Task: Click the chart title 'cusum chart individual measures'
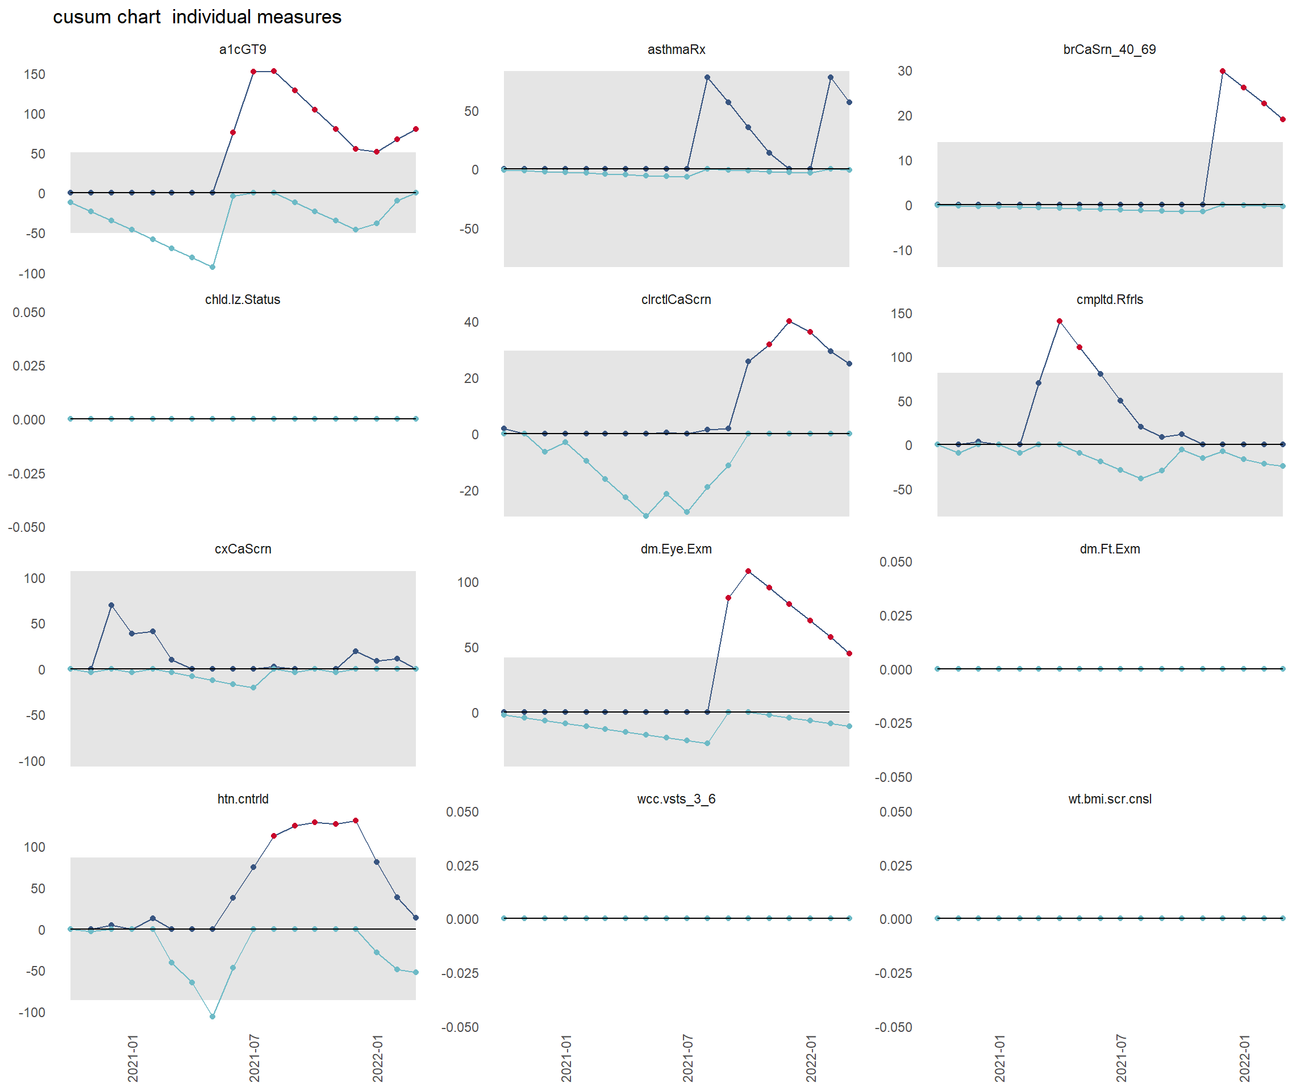click(x=197, y=17)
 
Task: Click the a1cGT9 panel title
click(x=243, y=49)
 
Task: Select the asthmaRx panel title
click(x=676, y=49)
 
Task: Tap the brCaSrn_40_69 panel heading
click(x=1109, y=49)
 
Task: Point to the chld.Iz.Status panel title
click(x=243, y=299)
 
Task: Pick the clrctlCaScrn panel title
click(x=676, y=299)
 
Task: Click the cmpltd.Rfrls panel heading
click(x=1109, y=299)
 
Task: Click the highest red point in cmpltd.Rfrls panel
click(x=1059, y=321)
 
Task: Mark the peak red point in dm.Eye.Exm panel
click(x=748, y=571)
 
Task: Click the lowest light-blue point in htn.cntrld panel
click(x=212, y=1016)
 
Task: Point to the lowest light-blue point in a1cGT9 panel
click(x=212, y=267)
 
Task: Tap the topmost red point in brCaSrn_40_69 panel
click(x=1222, y=71)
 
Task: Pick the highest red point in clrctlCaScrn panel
click(x=789, y=321)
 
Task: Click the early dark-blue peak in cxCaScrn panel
click(x=111, y=605)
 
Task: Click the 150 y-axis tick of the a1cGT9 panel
click(x=34, y=74)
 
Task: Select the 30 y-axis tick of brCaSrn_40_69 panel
click(x=904, y=71)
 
